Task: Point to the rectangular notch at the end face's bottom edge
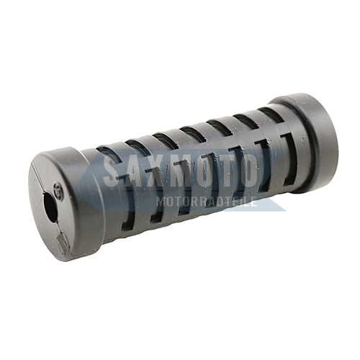click(64, 243)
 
